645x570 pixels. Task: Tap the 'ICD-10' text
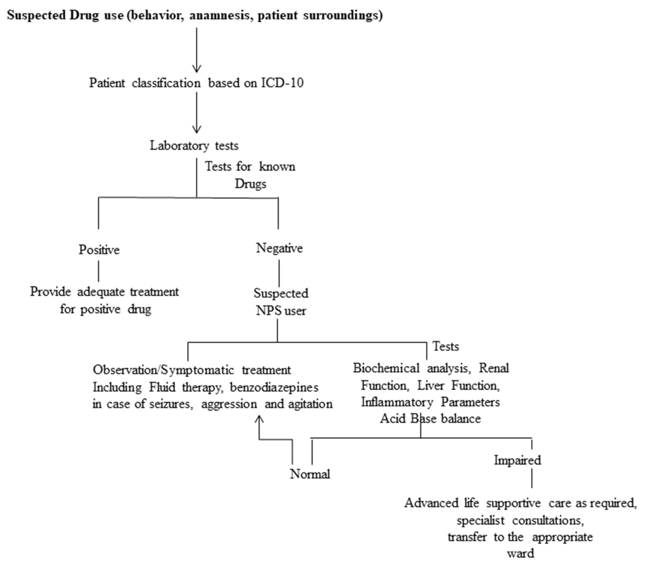pyautogui.click(x=282, y=83)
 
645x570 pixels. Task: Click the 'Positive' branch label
pyautogui.click(x=99, y=250)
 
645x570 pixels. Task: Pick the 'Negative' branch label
pyautogui.click(x=279, y=248)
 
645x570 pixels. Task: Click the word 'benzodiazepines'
pyautogui.click(x=274, y=387)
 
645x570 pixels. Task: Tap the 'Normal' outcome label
pyautogui.click(x=310, y=474)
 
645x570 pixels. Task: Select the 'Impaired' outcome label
pyautogui.click(x=517, y=460)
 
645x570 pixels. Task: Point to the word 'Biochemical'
pyautogui.click(x=386, y=368)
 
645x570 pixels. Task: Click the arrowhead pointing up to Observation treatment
pyautogui.click(x=259, y=419)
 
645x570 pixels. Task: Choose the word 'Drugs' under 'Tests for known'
pyautogui.click(x=250, y=184)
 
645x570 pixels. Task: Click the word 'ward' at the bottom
pyautogui.click(x=520, y=553)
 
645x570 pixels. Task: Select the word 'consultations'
pyautogui.click(x=548, y=520)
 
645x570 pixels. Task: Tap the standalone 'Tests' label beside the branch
pyautogui.click(x=445, y=346)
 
